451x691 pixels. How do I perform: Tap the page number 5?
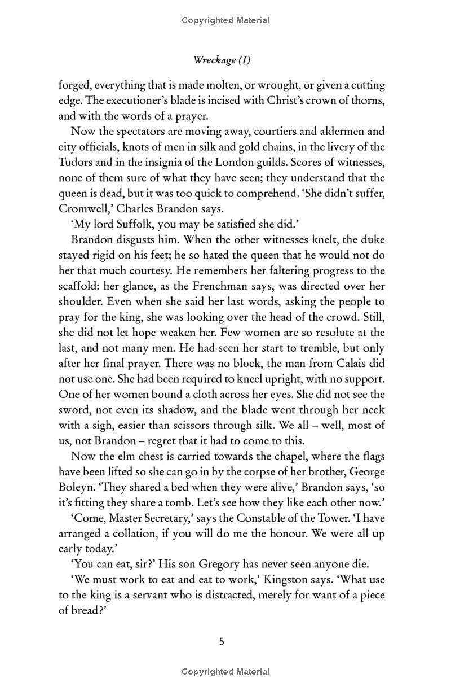pos(222,641)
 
